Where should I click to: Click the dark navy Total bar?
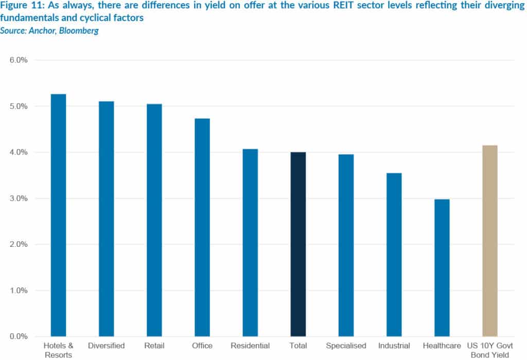298,244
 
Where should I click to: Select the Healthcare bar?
442,267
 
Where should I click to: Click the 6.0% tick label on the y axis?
18,60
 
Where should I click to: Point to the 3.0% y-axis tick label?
18,199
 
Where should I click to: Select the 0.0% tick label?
18,336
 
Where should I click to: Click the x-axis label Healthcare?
442,346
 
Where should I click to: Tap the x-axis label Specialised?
346,346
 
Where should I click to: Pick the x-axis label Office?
202,346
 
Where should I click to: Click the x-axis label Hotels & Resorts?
58,350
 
